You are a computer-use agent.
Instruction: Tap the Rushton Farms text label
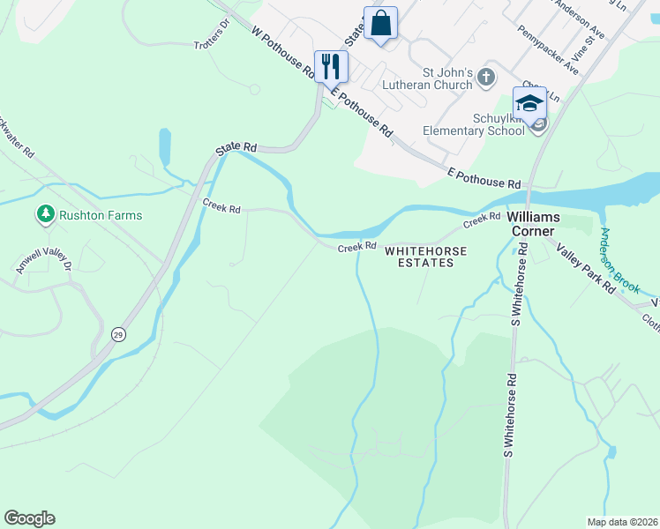pos(100,215)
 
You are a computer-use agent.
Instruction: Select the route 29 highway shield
pos(117,334)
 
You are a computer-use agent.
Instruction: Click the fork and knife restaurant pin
pos(332,66)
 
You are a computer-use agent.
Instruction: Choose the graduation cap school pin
pos(529,103)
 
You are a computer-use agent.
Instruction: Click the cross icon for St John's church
pos(486,78)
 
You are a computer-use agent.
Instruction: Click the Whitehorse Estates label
pos(425,257)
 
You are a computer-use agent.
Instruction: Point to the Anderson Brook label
pos(624,261)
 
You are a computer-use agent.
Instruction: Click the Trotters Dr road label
pos(211,46)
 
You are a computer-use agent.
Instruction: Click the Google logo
pos(29,518)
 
